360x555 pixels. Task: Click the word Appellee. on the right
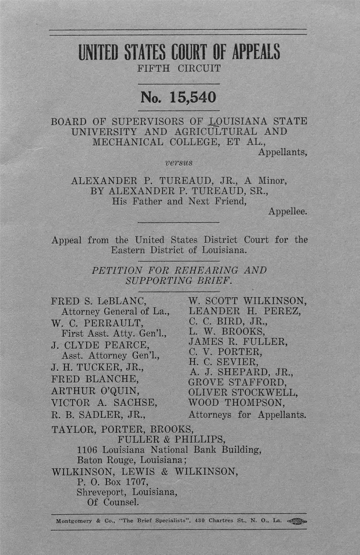(288, 212)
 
